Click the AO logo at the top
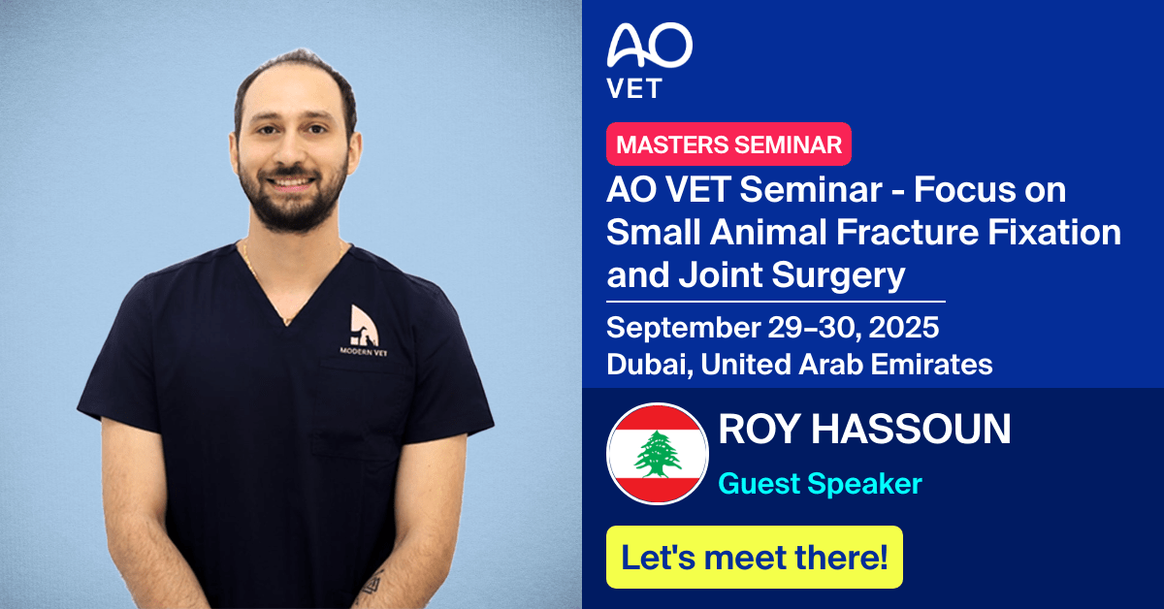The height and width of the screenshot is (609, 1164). click(649, 46)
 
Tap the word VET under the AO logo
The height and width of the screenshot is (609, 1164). click(634, 88)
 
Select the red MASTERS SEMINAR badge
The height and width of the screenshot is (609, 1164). click(728, 144)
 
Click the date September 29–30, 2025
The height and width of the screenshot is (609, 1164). click(772, 327)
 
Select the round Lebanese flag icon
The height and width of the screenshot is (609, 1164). click(657, 453)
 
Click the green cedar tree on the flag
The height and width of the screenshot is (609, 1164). click(657, 453)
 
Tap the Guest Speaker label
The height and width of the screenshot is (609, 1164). click(820, 483)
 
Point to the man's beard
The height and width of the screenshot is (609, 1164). click(291, 199)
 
